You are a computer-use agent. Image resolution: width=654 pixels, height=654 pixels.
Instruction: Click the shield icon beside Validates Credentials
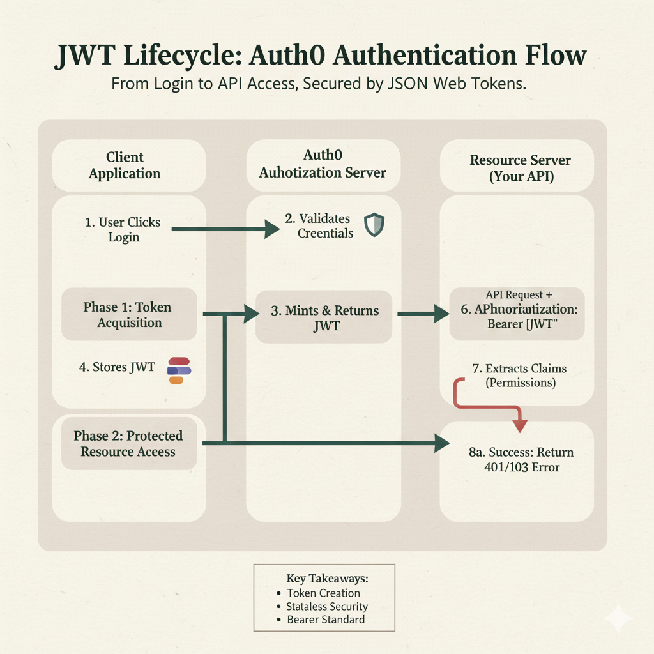(x=374, y=225)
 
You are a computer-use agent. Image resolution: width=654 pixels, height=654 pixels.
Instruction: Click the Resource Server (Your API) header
(x=517, y=168)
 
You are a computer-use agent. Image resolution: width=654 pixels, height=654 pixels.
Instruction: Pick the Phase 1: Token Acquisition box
(x=129, y=315)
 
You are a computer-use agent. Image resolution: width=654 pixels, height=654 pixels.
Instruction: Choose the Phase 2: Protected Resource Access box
(x=129, y=443)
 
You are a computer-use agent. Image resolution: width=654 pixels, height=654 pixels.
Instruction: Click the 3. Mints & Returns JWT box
(x=324, y=317)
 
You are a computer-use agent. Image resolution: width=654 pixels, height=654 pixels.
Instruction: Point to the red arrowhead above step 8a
(x=520, y=424)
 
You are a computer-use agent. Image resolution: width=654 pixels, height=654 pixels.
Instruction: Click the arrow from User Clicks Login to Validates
(x=217, y=229)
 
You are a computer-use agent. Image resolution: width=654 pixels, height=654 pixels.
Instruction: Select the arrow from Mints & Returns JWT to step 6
(x=422, y=314)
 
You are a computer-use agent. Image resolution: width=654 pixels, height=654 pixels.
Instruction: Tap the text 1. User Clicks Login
(x=123, y=230)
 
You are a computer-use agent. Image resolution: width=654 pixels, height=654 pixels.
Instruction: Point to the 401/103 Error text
(x=522, y=467)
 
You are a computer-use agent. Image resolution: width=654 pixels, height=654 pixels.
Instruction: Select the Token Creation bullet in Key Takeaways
(x=323, y=593)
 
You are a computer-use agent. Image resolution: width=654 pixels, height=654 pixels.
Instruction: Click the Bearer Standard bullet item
(x=326, y=620)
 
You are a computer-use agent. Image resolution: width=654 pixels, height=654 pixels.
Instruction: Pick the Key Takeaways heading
(x=328, y=579)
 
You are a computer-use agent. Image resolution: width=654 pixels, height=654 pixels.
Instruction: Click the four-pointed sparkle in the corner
(x=618, y=618)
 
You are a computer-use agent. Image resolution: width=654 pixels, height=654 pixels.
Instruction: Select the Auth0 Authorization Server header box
(x=323, y=165)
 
